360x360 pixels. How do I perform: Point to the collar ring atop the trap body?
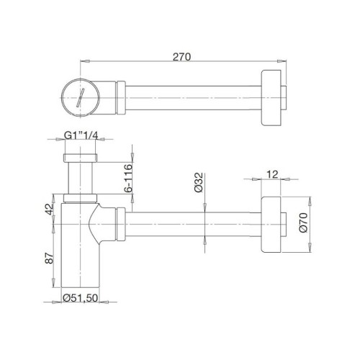tap(79, 197)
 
